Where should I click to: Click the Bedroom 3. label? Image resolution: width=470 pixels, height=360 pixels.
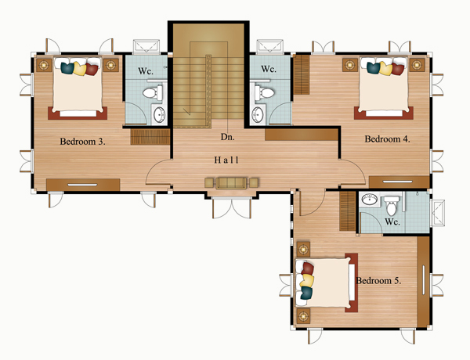point(82,142)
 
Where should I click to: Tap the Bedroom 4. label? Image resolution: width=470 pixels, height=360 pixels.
point(387,139)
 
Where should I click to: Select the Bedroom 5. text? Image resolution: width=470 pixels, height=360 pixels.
point(378,281)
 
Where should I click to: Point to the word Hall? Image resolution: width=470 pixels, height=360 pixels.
point(226,160)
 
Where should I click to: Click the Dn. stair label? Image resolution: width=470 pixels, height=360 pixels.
point(227,137)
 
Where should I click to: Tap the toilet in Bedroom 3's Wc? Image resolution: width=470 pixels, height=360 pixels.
point(153,92)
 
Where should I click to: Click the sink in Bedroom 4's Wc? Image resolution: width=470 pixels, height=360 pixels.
point(258,114)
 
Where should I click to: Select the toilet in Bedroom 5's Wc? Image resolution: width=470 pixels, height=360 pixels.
point(392,206)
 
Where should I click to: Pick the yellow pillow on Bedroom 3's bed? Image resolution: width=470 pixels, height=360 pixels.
point(79,69)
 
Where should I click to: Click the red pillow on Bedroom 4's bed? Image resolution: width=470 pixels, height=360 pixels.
point(398,69)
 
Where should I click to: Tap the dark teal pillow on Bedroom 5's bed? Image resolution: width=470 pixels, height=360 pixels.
point(306,293)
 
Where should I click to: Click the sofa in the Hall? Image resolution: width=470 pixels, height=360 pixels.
point(231,183)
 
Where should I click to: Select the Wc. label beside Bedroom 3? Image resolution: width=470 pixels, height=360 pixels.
point(146,71)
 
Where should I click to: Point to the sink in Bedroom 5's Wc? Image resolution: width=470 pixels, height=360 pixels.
point(369,199)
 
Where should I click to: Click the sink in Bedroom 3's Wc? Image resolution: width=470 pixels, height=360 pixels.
point(159,114)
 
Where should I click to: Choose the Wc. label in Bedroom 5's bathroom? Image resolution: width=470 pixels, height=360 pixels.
point(392,221)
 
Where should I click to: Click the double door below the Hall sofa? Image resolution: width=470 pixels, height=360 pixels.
point(232,207)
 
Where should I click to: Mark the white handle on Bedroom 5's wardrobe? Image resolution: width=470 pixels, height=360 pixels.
point(424,280)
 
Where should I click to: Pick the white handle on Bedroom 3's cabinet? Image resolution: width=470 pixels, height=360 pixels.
point(82,185)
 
